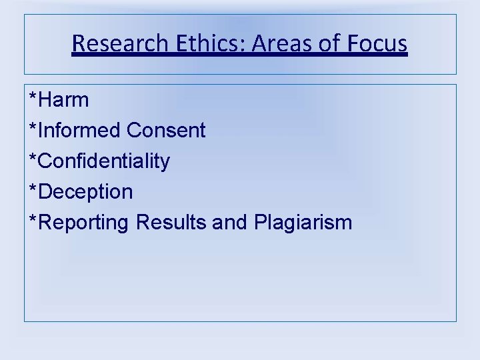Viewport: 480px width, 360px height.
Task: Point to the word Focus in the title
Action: pyautogui.click(x=377, y=44)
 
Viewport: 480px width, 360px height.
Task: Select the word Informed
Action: pyautogui.click(x=80, y=131)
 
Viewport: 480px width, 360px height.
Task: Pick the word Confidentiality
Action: pyautogui.click(x=104, y=161)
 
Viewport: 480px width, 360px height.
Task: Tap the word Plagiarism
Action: pyautogui.click(x=303, y=223)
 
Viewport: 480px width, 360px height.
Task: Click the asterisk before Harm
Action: pyautogui.click(x=33, y=97)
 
